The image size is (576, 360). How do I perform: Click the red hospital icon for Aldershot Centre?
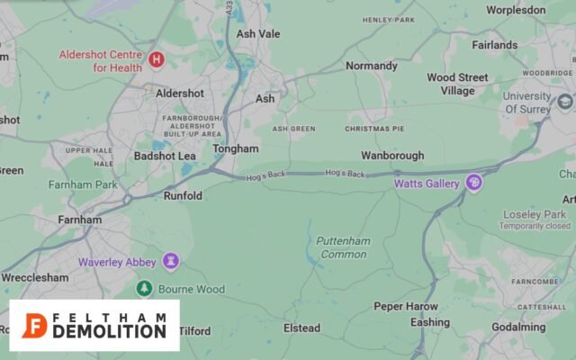click(157, 60)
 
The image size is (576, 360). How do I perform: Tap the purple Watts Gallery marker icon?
click(473, 184)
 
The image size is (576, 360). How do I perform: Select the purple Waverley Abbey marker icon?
click(171, 262)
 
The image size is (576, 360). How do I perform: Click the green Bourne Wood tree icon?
click(144, 288)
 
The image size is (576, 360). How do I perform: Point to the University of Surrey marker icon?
click(565, 102)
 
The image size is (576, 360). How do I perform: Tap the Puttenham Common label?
click(341, 247)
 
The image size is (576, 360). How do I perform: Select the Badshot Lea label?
click(165, 156)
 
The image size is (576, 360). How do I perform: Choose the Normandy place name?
click(372, 66)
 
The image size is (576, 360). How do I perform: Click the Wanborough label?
click(393, 156)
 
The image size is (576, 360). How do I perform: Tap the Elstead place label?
click(301, 328)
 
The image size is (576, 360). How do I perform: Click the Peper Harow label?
click(406, 307)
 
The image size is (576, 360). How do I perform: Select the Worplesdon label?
click(516, 10)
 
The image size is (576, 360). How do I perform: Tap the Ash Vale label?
click(258, 34)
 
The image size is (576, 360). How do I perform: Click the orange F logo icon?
click(35, 326)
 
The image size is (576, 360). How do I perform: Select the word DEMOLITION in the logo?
click(110, 331)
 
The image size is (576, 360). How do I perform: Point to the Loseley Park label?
click(534, 214)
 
